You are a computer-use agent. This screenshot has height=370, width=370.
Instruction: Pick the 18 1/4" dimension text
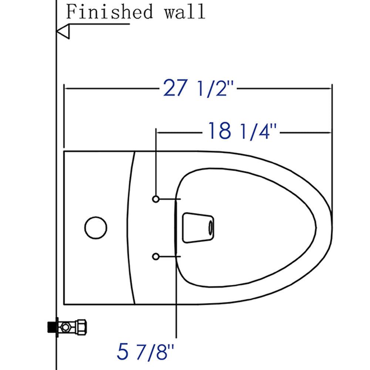click(x=242, y=131)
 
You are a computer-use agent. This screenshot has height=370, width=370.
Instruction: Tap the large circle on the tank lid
click(x=96, y=227)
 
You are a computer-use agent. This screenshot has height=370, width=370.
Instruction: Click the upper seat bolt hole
click(x=156, y=199)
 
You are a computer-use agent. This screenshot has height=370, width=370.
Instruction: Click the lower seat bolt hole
click(x=156, y=256)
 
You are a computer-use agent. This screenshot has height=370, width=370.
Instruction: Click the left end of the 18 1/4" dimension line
click(x=157, y=131)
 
